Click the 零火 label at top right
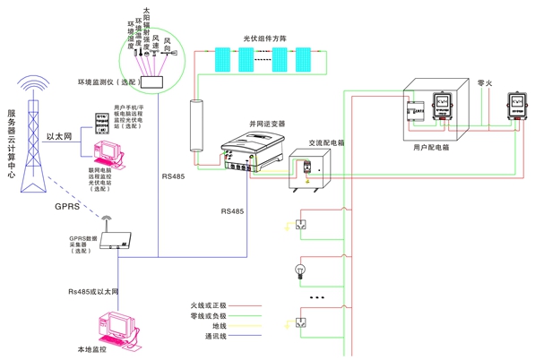[485, 80]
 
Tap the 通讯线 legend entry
[216, 337]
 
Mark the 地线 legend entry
[220, 326]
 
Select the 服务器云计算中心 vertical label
[12, 143]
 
